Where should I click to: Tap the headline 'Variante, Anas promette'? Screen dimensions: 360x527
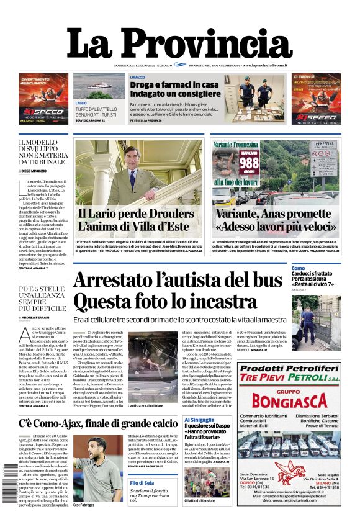pyautogui.click(x=276, y=213)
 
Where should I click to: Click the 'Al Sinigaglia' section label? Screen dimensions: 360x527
pyautogui.click(x=200, y=421)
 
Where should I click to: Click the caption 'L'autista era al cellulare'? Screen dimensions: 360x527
pyautogui.click(x=145, y=405)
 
